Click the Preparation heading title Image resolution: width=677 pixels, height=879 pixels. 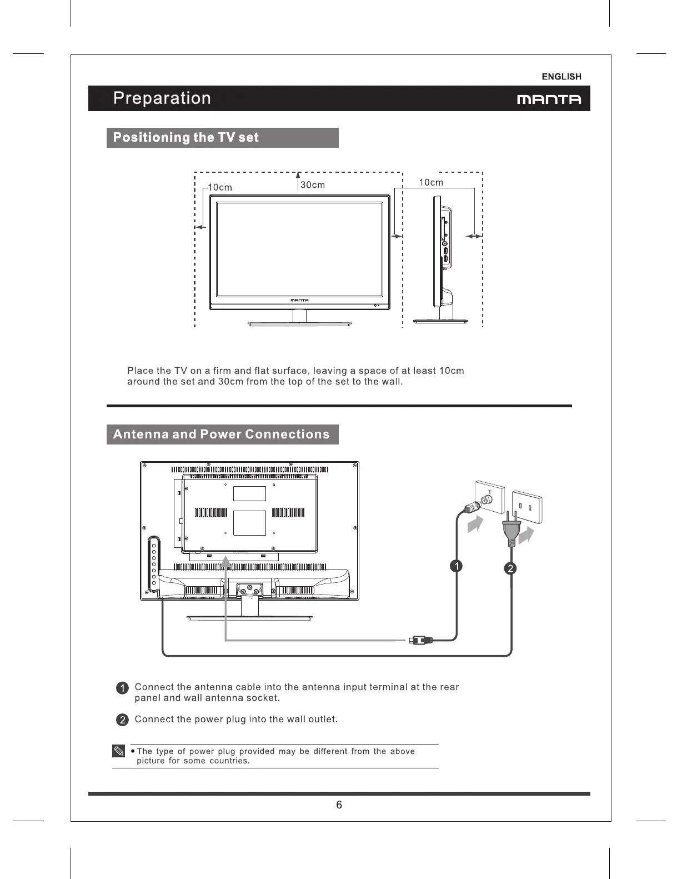coord(162,98)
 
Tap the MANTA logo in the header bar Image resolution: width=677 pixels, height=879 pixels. coord(549,99)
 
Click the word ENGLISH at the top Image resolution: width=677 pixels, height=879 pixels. coord(561,77)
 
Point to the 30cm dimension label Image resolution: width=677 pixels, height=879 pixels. coord(313,185)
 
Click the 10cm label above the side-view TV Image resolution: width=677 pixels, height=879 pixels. coord(430,182)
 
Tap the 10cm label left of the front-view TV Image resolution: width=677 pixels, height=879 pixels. coord(220,188)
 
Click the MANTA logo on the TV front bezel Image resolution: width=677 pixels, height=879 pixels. coord(299,300)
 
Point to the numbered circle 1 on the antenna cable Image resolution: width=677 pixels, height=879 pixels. coord(455,566)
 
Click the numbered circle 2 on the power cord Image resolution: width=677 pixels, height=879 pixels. coord(510,568)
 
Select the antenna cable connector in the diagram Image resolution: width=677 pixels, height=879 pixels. coord(420,640)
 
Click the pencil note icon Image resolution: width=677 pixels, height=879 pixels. coord(119,752)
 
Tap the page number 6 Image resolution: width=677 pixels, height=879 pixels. coord(339,805)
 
